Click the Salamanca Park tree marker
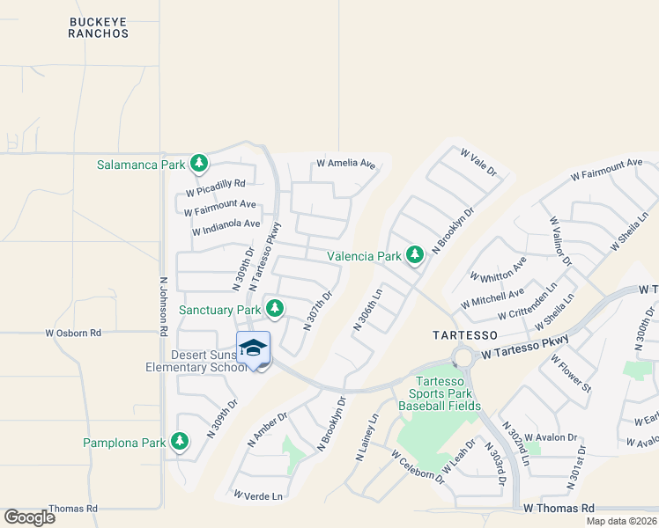click(200, 164)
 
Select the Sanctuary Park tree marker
click(275, 309)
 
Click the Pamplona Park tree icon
click(181, 441)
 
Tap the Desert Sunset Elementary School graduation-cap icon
click(254, 348)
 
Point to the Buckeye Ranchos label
click(99, 26)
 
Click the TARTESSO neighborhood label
click(466, 335)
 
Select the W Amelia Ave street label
click(346, 164)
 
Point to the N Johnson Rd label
click(163, 307)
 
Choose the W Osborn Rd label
click(74, 333)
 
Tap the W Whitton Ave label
click(499, 270)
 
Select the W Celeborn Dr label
click(418, 466)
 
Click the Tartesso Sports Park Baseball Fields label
click(440, 393)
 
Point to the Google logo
click(29, 517)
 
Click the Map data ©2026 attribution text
click(621, 521)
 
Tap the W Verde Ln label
click(259, 496)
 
